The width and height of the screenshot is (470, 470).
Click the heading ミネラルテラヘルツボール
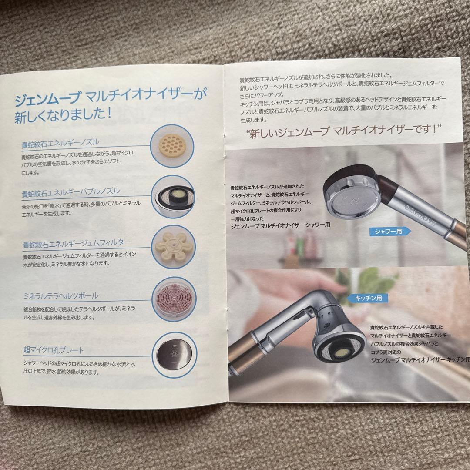point(60,296)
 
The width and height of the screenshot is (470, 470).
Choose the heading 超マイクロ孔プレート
point(53,349)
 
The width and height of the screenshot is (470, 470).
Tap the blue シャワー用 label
point(388,232)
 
